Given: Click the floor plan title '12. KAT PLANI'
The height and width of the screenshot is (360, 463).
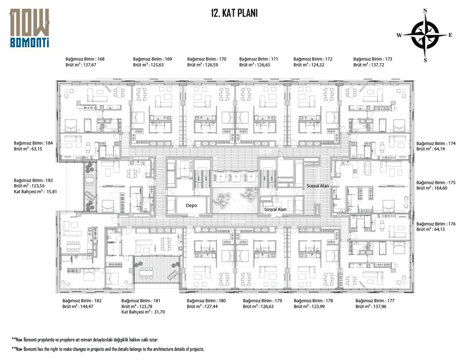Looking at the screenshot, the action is pos(234,13).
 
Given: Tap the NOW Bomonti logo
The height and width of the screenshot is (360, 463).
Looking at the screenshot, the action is pos(30,28).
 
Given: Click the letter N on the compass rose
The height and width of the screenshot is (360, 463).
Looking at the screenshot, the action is pos(425,11).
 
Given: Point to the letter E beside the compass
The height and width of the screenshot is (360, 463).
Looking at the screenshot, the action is pos(450,35).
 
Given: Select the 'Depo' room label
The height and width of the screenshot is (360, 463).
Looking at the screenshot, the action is pos(192,205).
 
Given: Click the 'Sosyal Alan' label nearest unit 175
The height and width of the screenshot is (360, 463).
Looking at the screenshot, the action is pos(318,186).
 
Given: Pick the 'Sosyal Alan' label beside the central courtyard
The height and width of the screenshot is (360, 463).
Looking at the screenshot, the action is pos(275,210).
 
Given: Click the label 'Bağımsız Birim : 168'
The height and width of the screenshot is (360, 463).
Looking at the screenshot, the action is pos(85,59).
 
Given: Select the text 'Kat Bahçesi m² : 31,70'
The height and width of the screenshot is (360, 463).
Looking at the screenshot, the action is pos(143,312).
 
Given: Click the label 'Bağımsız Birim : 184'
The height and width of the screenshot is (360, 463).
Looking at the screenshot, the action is pos(34,143).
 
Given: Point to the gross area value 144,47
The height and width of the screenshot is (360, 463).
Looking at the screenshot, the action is pos(86,307).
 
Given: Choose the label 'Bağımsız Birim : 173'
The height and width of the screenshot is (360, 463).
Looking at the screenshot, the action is pos(373,59).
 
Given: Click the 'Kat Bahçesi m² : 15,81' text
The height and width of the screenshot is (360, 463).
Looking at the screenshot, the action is pos(35,192).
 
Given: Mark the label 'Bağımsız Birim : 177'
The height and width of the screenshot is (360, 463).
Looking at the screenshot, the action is pos(375,300).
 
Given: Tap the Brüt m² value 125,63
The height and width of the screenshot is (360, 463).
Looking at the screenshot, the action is pos(157,65).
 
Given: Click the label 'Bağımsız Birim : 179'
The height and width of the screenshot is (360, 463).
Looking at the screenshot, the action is pos(263,300).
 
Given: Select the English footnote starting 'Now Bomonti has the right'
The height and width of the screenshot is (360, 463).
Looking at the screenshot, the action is pos(108,349).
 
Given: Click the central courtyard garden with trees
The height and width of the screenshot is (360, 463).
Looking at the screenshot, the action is pos(236,200).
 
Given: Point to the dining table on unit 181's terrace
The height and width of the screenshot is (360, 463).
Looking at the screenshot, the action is pos(146,273).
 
